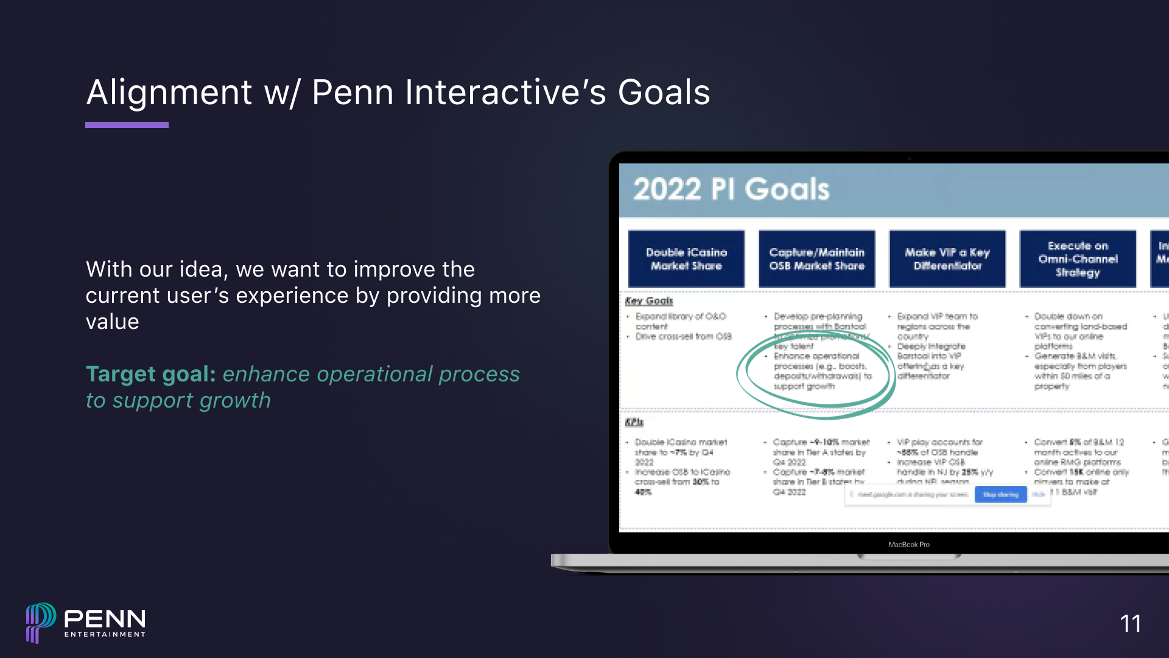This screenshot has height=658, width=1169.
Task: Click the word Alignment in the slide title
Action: (x=169, y=93)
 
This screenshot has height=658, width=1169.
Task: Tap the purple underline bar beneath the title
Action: (x=127, y=125)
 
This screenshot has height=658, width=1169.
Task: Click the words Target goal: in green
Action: (x=150, y=374)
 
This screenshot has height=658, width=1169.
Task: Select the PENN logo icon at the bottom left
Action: (x=40, y=623)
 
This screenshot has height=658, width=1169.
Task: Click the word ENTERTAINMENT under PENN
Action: (x=105, y=634)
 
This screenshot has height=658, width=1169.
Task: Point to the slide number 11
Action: (x=1130, y=623)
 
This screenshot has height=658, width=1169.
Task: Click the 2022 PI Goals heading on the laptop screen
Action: (x=731, y=189)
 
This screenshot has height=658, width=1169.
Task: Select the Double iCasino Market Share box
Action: (x=686, y=259)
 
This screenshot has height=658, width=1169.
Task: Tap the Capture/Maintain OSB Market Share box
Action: (x=816, y=259)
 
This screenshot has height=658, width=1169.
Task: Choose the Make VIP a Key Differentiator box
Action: (x=947, y=259)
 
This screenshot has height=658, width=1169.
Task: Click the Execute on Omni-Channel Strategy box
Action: (x=1078, y=259)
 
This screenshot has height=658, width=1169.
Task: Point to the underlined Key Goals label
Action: (x=648, y=301)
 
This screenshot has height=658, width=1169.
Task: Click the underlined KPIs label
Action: (x=634, y=422)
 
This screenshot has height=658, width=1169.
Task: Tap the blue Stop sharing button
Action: (x=1000, y=495)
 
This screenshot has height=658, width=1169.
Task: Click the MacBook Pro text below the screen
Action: (x=908, y=545)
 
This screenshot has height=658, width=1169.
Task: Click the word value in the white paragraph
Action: (x=112, y=322)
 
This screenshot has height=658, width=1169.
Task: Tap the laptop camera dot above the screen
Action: (x=909, y=158)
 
